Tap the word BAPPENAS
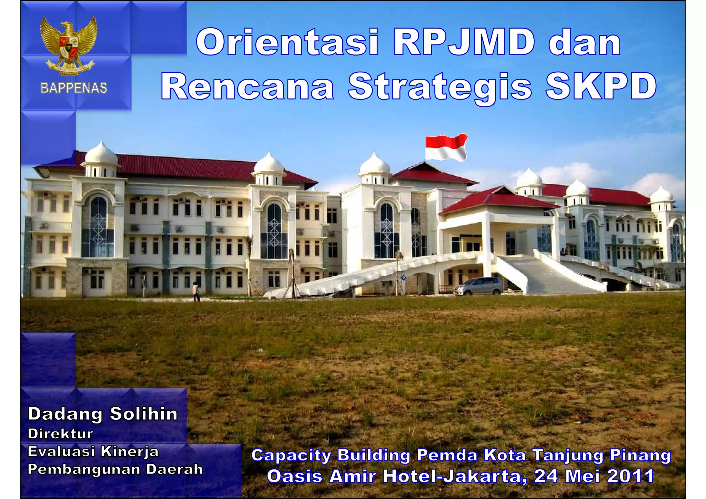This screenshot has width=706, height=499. [74, 88]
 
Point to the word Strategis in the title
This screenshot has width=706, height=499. [440, 87]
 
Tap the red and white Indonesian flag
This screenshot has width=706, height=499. [446, 147]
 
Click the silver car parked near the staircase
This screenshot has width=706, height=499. [478, 286]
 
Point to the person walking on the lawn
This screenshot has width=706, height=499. [196, 292]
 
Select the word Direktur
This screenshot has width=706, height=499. [60, 434]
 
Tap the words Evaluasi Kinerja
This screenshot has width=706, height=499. [93, 451]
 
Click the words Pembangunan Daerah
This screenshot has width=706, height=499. [115, 469]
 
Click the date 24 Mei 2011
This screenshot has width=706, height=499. [594, 476]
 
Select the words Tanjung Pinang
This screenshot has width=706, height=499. [602, 456]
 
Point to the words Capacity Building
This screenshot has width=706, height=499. [330, 455]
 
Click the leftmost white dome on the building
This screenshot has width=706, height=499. [101, 154]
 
